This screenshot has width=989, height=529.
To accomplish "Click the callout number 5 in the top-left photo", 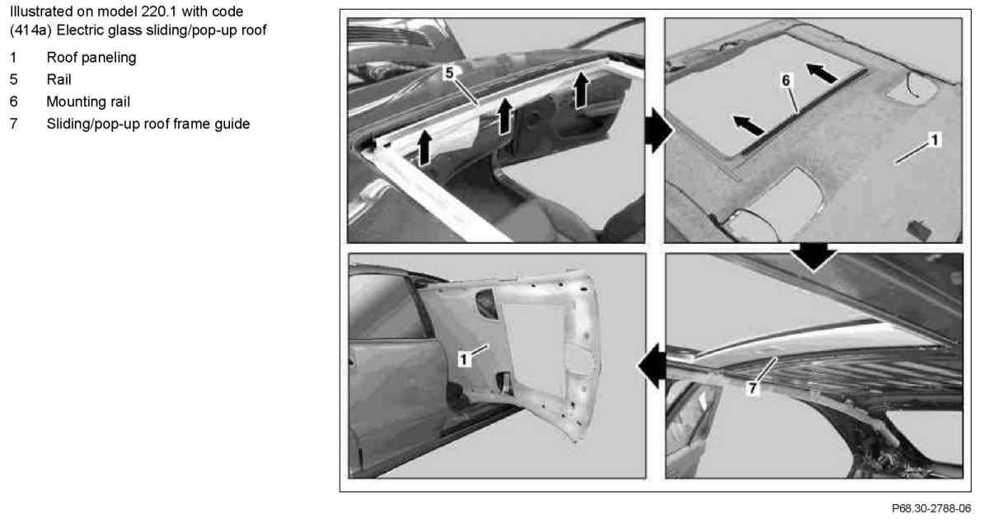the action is coord(449,73).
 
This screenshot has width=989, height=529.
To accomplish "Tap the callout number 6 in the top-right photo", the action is coord(786,81).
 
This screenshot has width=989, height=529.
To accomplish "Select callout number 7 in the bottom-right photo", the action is coord(752,388).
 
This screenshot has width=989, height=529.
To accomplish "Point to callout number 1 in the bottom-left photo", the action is coord(463,359).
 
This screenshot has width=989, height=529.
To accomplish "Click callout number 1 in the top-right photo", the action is coord(934,140).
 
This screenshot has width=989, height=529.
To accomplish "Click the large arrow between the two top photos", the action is coord(659,131).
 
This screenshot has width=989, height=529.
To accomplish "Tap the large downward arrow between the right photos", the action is coord(813,256).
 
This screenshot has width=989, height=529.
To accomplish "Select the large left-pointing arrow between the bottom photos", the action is coord(652,366).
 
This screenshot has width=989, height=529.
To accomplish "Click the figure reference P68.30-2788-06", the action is coord(931,508).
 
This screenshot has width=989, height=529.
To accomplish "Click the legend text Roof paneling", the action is coord(91,58).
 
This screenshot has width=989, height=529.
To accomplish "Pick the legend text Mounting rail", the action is coord(88,101).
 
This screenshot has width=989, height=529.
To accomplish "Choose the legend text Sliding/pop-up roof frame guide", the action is coord(148,124).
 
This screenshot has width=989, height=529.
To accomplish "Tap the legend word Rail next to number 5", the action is coord(59,79).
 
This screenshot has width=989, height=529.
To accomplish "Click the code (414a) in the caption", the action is coord(31,30).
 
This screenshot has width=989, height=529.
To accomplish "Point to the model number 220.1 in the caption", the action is coord(159,11).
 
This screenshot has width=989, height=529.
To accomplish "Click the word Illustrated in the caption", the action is coord(44,11).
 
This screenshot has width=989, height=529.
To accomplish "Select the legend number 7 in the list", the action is coord(14,124).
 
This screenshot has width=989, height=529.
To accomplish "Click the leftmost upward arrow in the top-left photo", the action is coord(424,148).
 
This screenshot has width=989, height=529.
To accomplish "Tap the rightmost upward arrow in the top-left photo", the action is coord(581,90).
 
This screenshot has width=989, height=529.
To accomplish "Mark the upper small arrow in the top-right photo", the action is coord(821,73).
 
